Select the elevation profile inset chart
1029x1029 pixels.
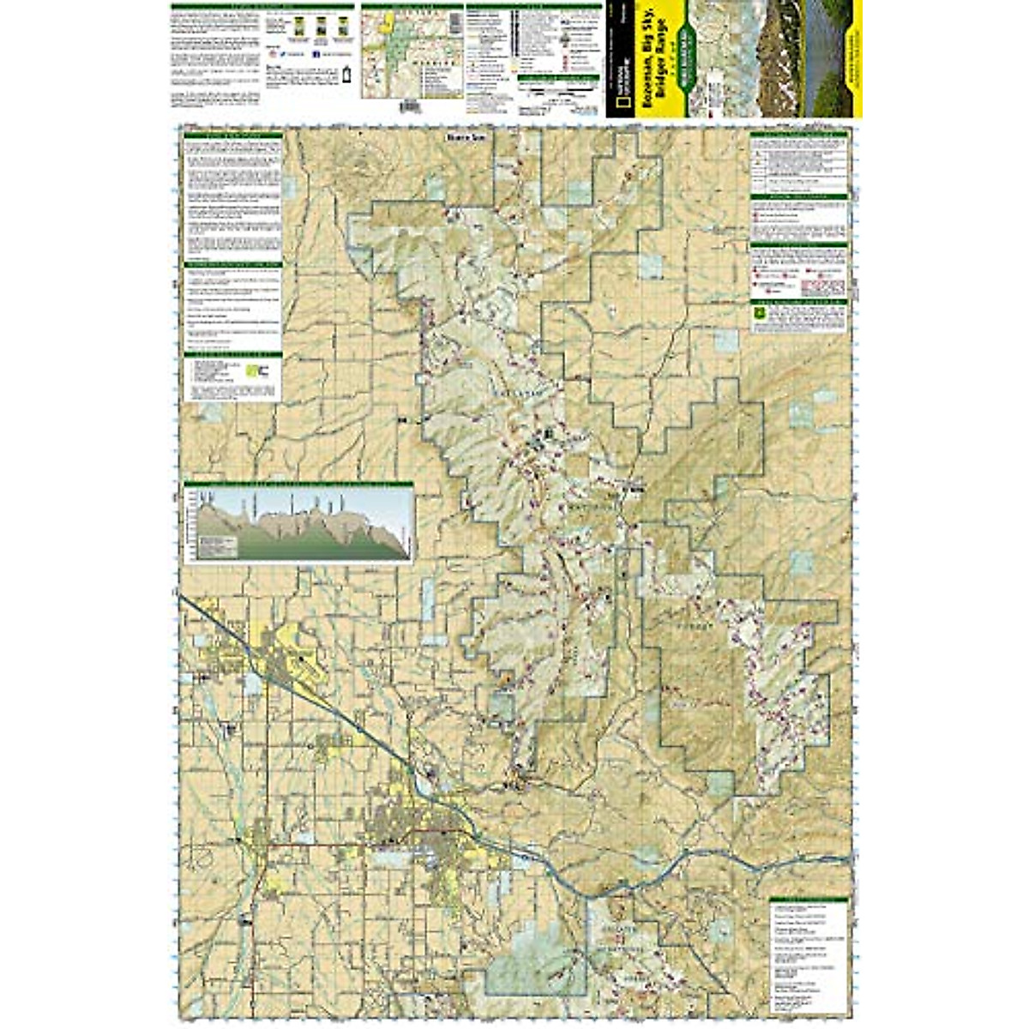pyautogui.click(x=298, y=522)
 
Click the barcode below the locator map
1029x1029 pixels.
pyautogui.click(x=411, y=105)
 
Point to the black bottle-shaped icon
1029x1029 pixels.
pyautogui.click(x=348, y=75)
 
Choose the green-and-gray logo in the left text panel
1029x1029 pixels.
pyautogui.click(x=250, y=370)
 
